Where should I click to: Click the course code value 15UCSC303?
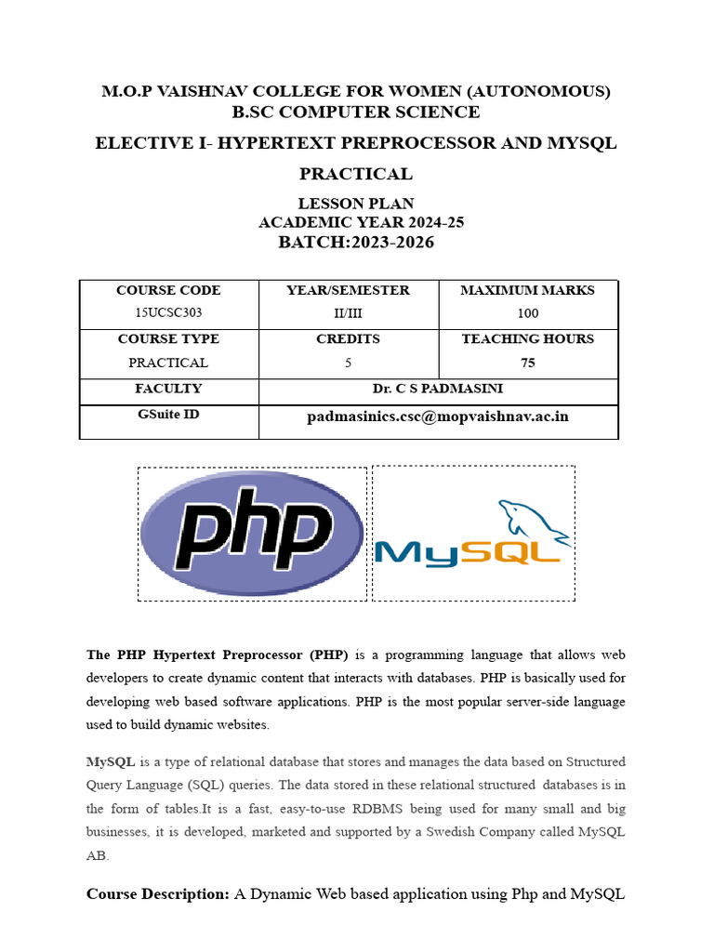pyautogui.click(x=168, y=314)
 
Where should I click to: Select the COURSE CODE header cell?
pyautogui.click(x=168, y=291)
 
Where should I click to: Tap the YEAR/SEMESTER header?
pyautogui.click(x=348, y=291)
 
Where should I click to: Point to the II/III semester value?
pyautogui.click(x=348, y=314)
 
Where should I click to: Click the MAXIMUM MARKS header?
pyautogui.click(x=527, y=291)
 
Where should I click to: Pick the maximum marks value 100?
pyautogui.click(x=527, y=314)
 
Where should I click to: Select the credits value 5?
pyautogui.click(x=348, y=363)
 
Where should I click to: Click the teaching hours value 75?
pyautogui.click(x=527, y=363)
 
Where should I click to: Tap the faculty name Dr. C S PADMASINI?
pyautogui.click(x=438, y=389)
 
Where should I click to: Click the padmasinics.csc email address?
pyautogui.click(x=438, y=416)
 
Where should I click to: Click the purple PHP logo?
pyautogui.click(x=252, y=535)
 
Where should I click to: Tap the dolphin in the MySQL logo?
pyautogui.click(x=534, y=521)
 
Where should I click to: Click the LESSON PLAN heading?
pyautogui.click(x=356, y=204)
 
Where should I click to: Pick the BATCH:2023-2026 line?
pyautogui.click(x=356, y=243)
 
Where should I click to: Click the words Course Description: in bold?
pyautogui.click(x=157, y=894)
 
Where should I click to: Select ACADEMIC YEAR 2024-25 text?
pyautogui.click(x=361, y=222)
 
